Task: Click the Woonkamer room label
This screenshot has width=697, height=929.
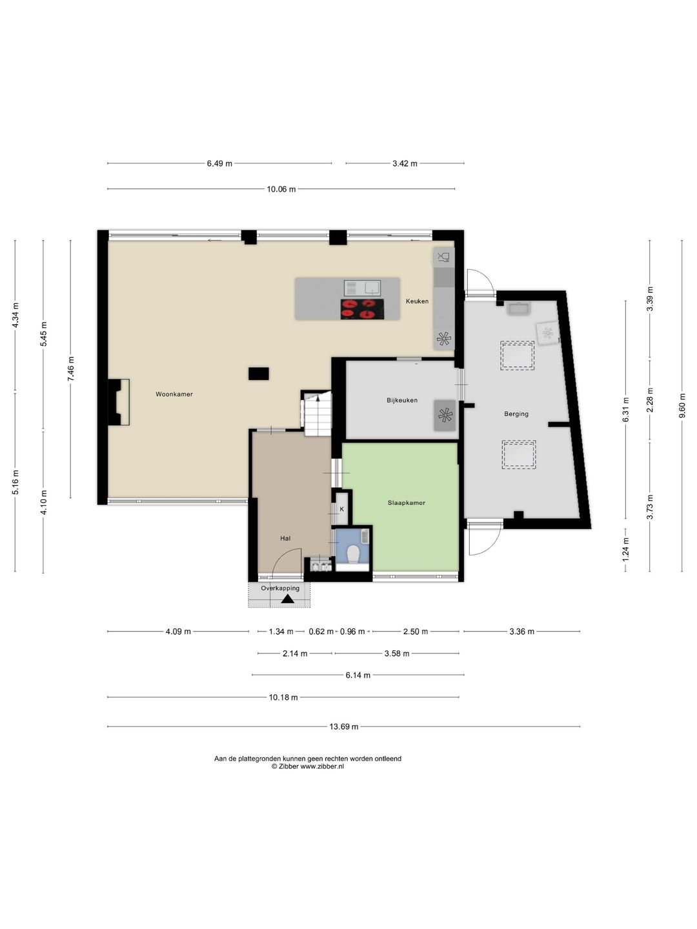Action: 174,394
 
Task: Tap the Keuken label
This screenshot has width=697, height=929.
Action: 417,301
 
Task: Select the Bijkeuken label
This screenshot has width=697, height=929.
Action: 401,400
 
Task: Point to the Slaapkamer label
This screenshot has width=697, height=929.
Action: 407,503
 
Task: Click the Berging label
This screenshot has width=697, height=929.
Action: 516,414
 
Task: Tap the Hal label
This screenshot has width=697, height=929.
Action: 285,538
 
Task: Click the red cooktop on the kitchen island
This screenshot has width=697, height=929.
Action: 363,309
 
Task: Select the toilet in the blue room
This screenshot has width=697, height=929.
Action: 352,554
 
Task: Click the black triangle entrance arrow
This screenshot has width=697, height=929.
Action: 287,599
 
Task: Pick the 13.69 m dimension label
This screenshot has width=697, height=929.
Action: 343,726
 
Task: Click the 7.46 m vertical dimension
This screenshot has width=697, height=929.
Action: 71,368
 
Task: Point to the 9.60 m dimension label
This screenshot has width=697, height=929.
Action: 682,405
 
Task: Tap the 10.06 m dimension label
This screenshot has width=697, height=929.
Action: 281,189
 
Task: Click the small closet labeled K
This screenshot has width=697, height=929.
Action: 341,509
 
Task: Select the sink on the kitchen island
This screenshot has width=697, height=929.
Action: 363,288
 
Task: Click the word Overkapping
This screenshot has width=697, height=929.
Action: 280,588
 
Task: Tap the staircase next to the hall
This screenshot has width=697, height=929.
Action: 316,413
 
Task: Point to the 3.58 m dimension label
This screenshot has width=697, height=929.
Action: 396,654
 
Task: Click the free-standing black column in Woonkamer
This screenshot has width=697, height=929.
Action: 259,374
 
